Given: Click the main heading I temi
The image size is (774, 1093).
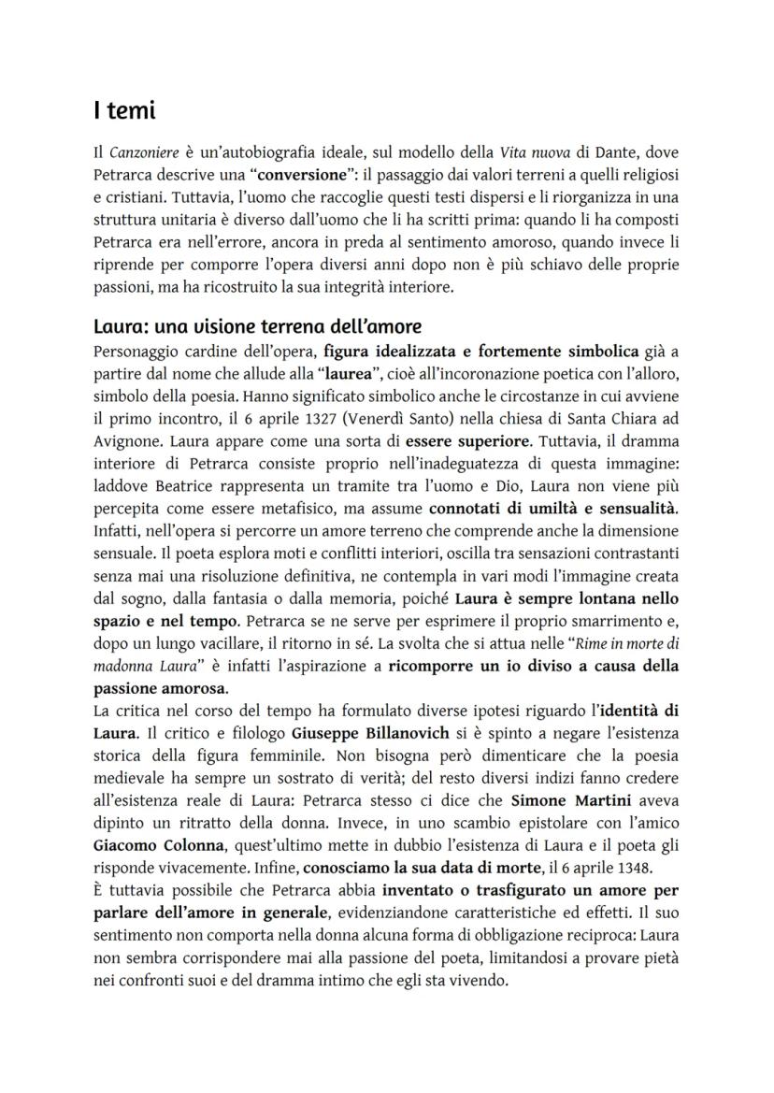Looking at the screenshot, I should coord(124,111).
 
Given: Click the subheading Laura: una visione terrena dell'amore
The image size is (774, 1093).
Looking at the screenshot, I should coord(257,327).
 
